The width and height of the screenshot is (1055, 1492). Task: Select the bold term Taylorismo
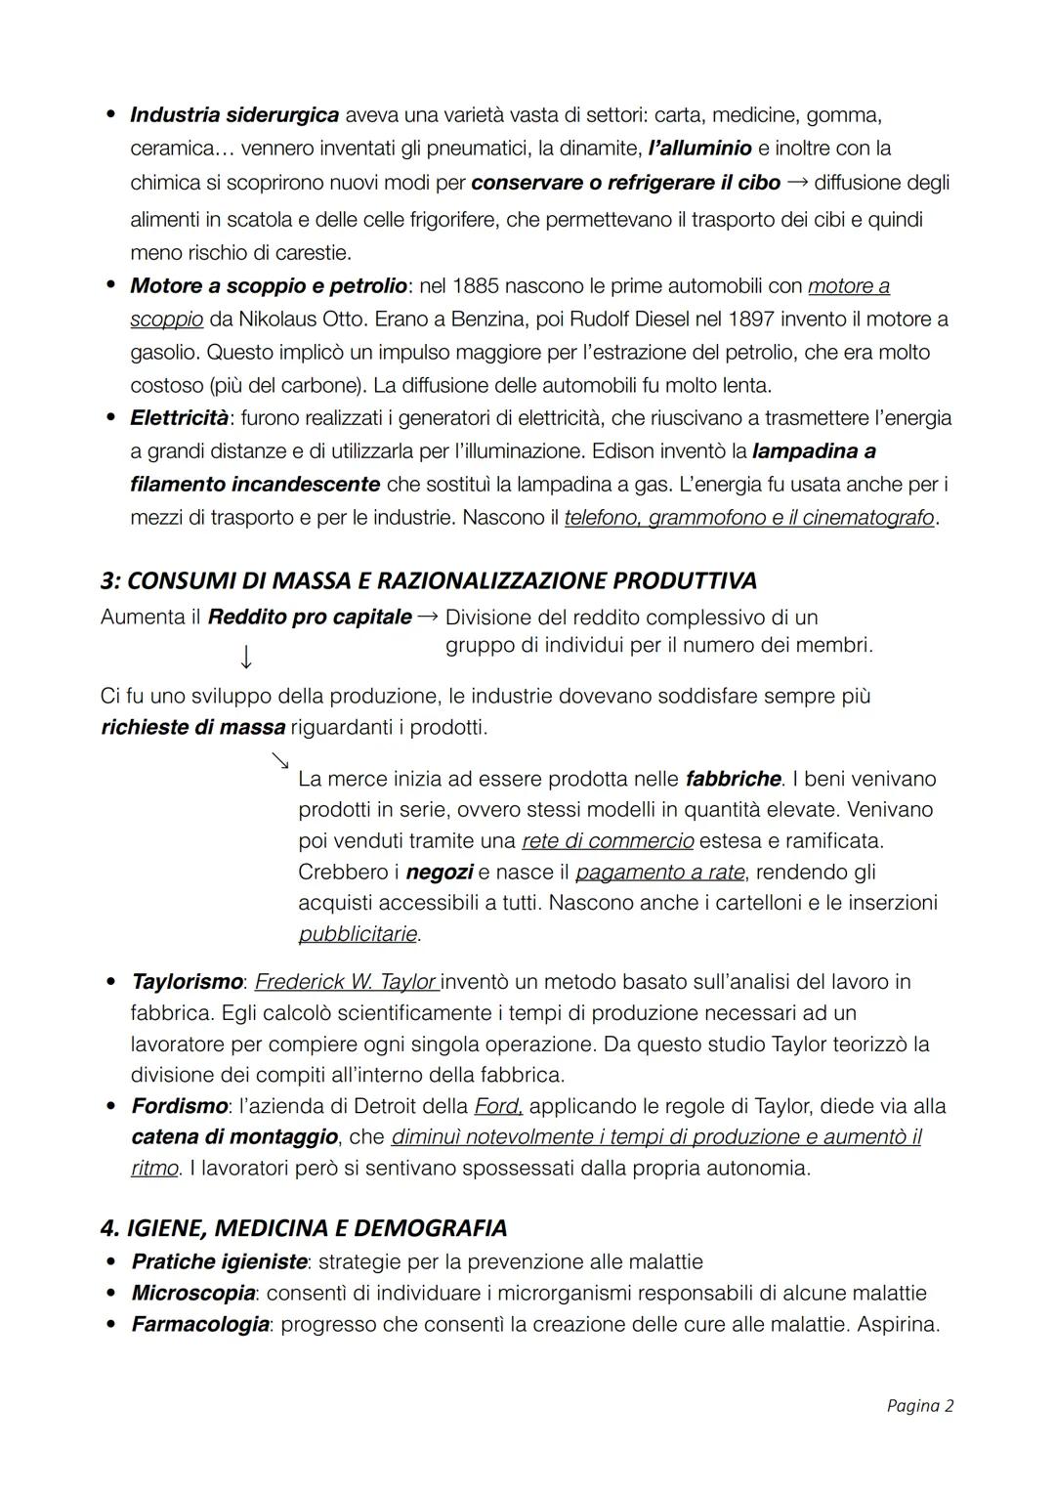pyautogui.click(x=187, y=981)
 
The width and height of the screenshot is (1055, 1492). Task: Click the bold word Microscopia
pyautogui.click(x=193, y=1293)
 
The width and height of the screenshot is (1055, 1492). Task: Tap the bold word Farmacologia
pyautogui.click(x=200, y=1324)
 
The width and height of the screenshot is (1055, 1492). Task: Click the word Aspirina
pyautogui.click(x=898, y=1324)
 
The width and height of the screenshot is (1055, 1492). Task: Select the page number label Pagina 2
pyautogui.click(x=919, y=1405)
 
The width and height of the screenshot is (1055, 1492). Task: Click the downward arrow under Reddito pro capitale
pyautogui.click(x=246, y=657)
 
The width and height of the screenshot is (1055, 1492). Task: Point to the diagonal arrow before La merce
pyautogui.click(x=280, y=759)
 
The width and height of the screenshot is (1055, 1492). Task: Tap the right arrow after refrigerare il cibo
pyautogui.click(x=797, y=182)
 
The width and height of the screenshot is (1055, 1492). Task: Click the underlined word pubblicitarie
pyautogui.click(x=358, y=934)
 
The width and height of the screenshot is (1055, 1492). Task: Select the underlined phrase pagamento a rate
pyautogui.click(x=659, y=872)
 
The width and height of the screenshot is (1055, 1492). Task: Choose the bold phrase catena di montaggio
pyautogui.click(x=234, y=1137)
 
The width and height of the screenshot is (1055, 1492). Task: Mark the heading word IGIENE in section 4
pyautogui.click(x=167, y=1228)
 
